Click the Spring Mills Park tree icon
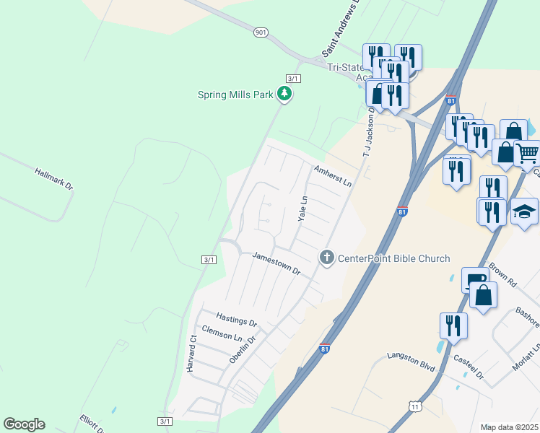[x=285, y=93]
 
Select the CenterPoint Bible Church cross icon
[x=327, y=257]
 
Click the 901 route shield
[x=261, y=32]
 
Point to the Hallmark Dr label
[x=54, y=179]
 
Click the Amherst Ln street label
[x=332, y=175]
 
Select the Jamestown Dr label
[x=276, y=263]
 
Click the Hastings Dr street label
[x=236, y=319]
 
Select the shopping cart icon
[x=528, y=153]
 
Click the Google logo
[x=24, y=424]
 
